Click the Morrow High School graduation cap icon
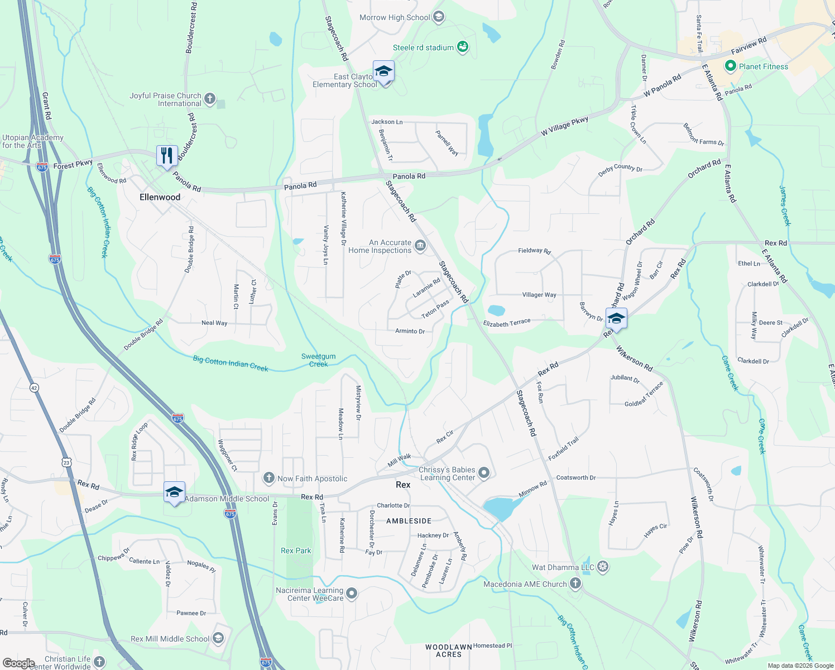click(439, 17)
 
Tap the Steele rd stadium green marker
click(462, 47)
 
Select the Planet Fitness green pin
click(730, 66)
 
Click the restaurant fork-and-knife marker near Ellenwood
click(167, 155)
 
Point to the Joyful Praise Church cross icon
click(210, 99)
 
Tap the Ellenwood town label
click(160, 197)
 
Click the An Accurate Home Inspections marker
click(420, 246)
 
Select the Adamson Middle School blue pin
click(174, 492)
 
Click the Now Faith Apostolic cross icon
click(269, 478)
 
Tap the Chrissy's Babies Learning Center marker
click(484, 473)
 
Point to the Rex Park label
click(296, 551)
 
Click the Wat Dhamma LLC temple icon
click(603, 567)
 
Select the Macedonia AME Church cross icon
click(575, 584)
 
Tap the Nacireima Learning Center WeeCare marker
click(352, 594)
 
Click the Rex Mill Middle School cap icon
click(218, 638)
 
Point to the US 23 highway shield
click(67, 462)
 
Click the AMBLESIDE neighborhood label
click(409, 521)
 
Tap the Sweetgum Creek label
click(318, 360)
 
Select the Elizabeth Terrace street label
click(507, 323)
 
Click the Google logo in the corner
click(18, 663)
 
